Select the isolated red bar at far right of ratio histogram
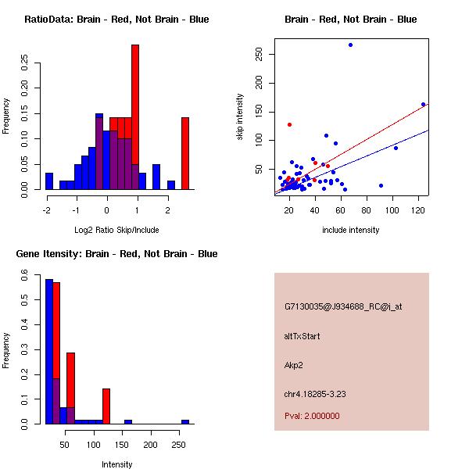185,152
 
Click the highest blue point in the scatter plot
350,45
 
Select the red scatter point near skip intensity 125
289,124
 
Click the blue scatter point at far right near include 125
423,104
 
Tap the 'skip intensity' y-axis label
240,117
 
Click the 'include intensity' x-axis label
351,230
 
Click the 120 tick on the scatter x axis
417,210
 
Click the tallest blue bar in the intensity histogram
49,351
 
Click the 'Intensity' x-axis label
116,464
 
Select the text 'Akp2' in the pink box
295,365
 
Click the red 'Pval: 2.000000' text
312,416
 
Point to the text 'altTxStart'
302,336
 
